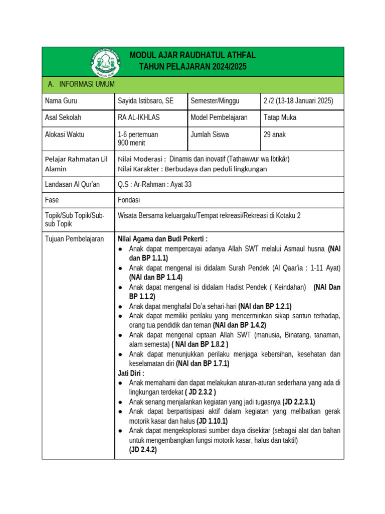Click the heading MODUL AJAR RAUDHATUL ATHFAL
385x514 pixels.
tap(193, 55)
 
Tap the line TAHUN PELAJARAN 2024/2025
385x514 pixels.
tap(193, 67)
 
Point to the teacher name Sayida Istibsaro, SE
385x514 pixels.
tap(145, 101)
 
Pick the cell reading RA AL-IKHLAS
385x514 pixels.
tap(137, 117)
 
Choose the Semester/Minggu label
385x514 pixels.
tap(215, 101)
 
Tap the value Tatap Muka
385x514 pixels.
tap(280, 117)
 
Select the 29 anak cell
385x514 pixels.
tap(275, 135)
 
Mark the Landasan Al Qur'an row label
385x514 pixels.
tap(72, 184)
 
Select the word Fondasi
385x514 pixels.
tap(129, 199)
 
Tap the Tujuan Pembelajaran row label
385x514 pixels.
tap(74, 239)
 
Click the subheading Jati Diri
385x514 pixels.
tap(131, 373)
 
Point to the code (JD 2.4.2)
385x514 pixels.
tap(143, 450)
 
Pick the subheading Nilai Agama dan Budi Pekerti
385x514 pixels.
tap(162, 239)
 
